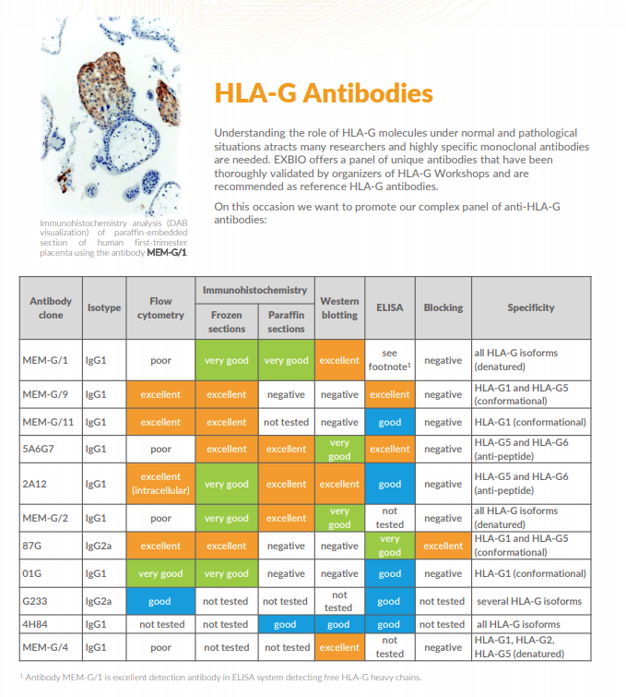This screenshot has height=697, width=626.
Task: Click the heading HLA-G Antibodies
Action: pyautogui.click(x=323, y=93)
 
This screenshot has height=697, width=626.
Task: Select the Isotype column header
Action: pyautogui.click(x=103, y=307)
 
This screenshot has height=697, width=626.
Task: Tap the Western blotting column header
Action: pyautogui.click(x=338, y=307)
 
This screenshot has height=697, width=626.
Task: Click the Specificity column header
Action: pyautogui.click(x=530, y=307)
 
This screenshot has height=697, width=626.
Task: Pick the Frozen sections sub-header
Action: pyautogui.click(x=227, y=321)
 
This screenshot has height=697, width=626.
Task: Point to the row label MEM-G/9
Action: pyautogui.click(x=45, y=394)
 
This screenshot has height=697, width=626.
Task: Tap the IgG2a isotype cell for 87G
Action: pyautogui.click(x=99, y=546)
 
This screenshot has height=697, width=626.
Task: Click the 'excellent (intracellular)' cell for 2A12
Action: pyautogui.click(x=160, y=484)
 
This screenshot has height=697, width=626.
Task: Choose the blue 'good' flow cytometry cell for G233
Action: pyautogui.click(x=160, y=601)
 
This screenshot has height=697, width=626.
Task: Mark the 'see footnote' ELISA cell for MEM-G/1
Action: pyautogui.click(x=390, y=360)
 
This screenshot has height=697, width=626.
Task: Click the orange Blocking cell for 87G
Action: pyautogui.click(x=443, y=546)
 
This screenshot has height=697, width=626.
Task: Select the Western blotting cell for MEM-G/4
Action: pyautogui.click(x=338, y=647)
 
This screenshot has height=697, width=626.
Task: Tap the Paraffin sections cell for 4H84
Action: pyautogui.click(x=286, y=625)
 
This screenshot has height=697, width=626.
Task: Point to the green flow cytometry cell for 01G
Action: pyautogui.click(x=160, y=573)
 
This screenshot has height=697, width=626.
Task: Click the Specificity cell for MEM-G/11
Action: pyautogui.click(x=530, y=422)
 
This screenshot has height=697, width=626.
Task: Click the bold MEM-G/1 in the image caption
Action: pyautogui.click(x=167, y=252)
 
